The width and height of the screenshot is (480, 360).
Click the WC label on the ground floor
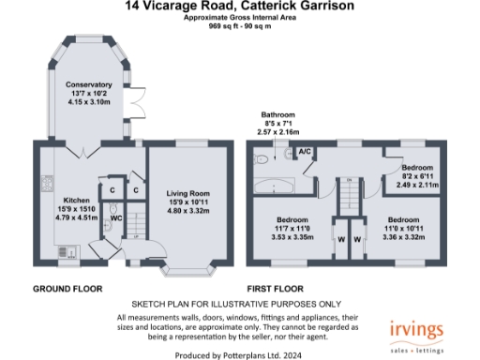click(x=117, y=219)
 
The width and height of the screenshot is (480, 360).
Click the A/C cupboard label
click(x=306, y=152)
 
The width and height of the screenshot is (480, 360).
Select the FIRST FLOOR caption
click(x=277, y=289)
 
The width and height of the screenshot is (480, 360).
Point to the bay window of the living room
click(x=190, y=275)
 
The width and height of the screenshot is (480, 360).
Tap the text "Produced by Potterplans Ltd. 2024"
click(x=240, y=355)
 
